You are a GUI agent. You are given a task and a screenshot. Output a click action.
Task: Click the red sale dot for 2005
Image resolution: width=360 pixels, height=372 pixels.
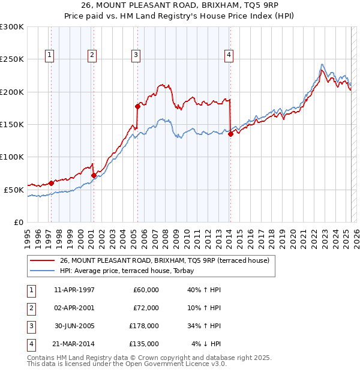[x=137, y=106]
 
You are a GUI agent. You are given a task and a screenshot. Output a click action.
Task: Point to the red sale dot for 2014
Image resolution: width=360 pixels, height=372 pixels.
[x=230, y=134]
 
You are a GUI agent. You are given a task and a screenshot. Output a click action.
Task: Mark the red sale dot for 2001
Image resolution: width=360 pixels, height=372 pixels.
[x=93, y=175]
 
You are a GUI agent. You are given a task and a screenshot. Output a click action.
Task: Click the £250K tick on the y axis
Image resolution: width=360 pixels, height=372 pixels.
[x=12, y=59]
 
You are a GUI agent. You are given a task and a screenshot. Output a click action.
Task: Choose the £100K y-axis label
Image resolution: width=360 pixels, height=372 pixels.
[x=12, y=157]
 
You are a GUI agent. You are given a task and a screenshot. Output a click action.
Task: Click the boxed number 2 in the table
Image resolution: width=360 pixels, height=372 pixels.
[x=31, y=308]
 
